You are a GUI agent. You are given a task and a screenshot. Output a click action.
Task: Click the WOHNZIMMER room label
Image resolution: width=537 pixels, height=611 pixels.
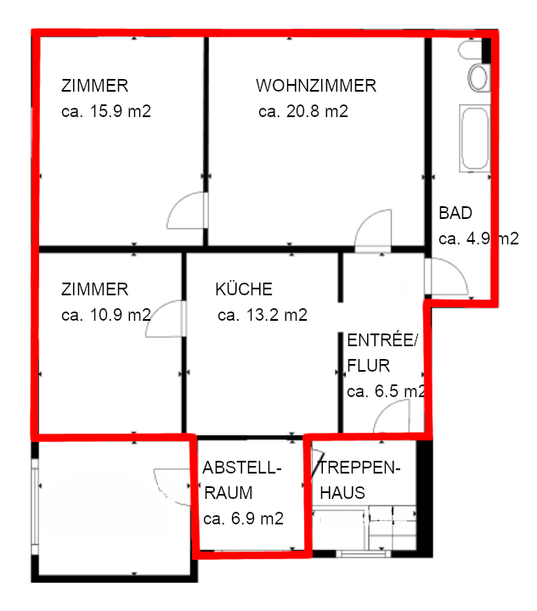click(315, 86)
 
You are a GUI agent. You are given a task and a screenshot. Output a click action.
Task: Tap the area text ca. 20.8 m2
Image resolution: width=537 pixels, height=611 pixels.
click(303, 111)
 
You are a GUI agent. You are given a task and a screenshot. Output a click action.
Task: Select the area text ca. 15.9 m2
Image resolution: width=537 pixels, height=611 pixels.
click(106, 111)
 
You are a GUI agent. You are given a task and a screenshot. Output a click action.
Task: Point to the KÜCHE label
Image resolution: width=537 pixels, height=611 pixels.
click(244, 289)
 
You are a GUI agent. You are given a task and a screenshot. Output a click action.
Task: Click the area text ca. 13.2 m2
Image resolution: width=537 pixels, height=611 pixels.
click(262, 316)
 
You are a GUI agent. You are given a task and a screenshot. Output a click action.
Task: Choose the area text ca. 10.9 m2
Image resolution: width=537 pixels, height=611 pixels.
click(106, 316)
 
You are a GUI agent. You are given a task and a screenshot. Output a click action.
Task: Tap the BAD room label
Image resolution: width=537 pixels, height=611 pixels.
click(455, 213)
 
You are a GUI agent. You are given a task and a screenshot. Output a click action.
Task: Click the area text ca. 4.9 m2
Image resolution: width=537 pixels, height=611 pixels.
click(478, 239)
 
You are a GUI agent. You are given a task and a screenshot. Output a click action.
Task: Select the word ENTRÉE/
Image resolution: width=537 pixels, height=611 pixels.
click(383, 341)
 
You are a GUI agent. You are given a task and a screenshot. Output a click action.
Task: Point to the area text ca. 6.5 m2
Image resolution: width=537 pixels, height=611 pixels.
click(386, 392)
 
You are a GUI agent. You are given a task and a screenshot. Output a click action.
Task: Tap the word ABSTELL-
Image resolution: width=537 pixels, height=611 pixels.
click(242, 468)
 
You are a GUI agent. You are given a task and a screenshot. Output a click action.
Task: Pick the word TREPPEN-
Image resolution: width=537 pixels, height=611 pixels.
click(359, 468)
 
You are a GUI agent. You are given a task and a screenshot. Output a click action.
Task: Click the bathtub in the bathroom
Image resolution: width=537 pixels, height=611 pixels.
click(474, 138)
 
